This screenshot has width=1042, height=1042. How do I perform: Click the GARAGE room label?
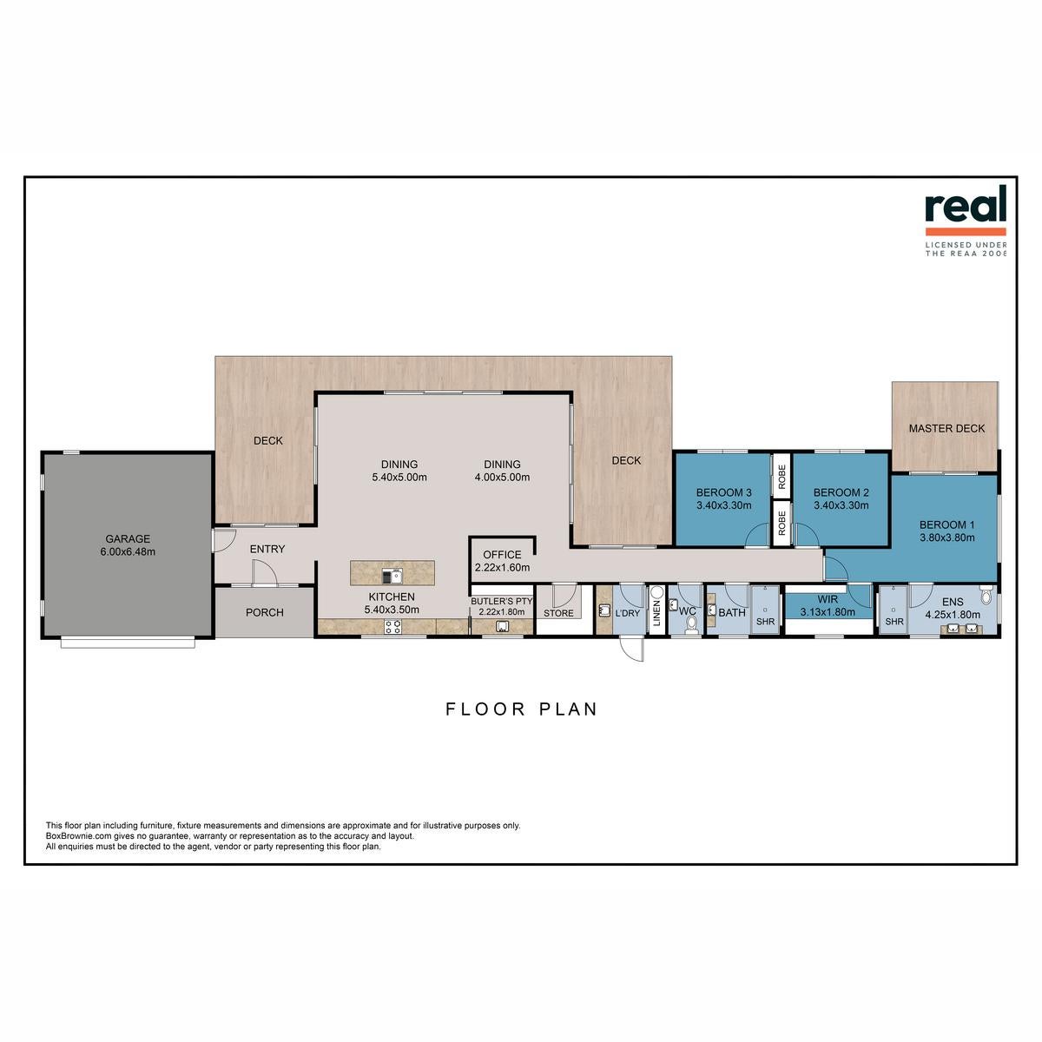tap(128, 538)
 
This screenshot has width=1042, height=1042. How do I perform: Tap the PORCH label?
tap(265, 612)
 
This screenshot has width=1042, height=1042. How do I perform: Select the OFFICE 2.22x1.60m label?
tap(502, 561)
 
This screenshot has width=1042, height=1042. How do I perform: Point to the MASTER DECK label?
tap(946, 428)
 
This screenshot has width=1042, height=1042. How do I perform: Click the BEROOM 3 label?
tap(723, 492)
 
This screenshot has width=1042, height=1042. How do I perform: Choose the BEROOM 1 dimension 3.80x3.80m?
tap(946, 537)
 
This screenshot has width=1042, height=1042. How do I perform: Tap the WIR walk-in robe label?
tap(828, 599)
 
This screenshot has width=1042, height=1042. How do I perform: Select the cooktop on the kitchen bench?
tap(392, 627)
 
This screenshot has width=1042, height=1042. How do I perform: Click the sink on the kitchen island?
tap(392, 577)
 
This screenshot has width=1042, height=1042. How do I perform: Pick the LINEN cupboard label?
tap(657, 613)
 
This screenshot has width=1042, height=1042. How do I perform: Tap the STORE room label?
tap(558, 613)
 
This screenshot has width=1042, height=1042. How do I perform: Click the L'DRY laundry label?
tap(627, 613)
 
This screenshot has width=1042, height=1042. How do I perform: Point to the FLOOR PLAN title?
tap(521, 709)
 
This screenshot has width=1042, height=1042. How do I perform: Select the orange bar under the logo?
tap(966, 232)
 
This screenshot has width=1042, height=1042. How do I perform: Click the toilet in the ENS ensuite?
tap(986, 595)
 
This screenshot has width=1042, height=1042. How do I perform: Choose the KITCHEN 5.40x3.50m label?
tap(392, 603)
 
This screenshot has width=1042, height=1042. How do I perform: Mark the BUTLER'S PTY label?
tap(501, 601)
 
